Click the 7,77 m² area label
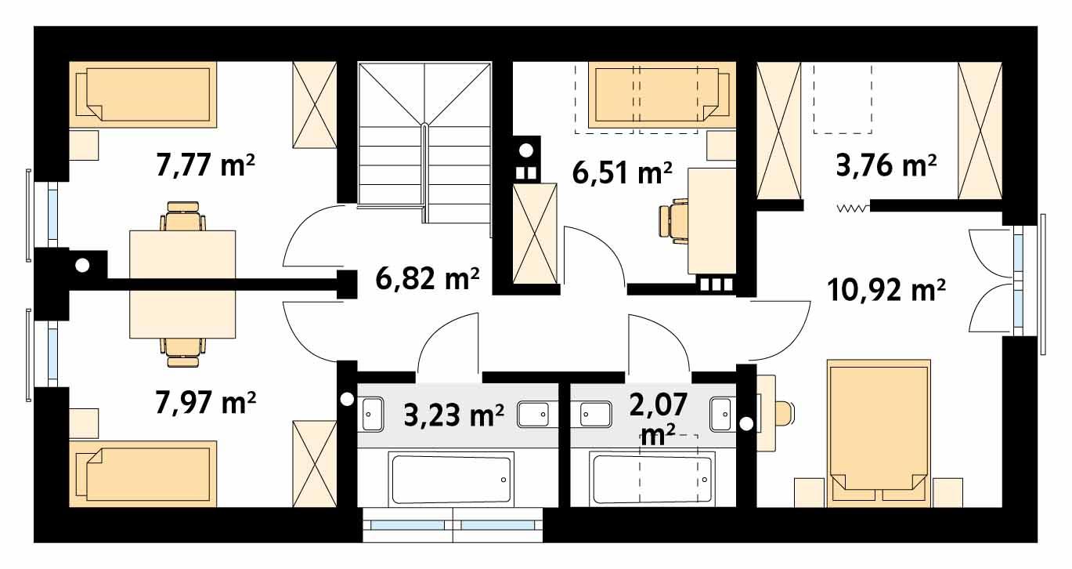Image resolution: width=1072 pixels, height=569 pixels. click(207, 168)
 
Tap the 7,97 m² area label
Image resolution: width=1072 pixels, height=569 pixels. click(207, 403)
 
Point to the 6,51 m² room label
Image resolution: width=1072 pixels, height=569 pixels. click(623, 172)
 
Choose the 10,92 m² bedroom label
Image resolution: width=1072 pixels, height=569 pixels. click(886, 291)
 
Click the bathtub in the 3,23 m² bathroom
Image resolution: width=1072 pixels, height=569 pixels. click(452, 479)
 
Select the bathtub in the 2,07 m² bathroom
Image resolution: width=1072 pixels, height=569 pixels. click(652, 479)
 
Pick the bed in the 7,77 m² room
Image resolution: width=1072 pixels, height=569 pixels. click(143, 95)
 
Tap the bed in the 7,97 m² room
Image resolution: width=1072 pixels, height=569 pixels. click(143, 473)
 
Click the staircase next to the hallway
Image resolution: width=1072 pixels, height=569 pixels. click(424, 141)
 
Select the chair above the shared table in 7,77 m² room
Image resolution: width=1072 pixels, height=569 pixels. click(183, 217)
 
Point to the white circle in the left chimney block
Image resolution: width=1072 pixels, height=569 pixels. click(81, 266)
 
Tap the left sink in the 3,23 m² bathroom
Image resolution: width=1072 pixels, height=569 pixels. click(371, 413)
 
